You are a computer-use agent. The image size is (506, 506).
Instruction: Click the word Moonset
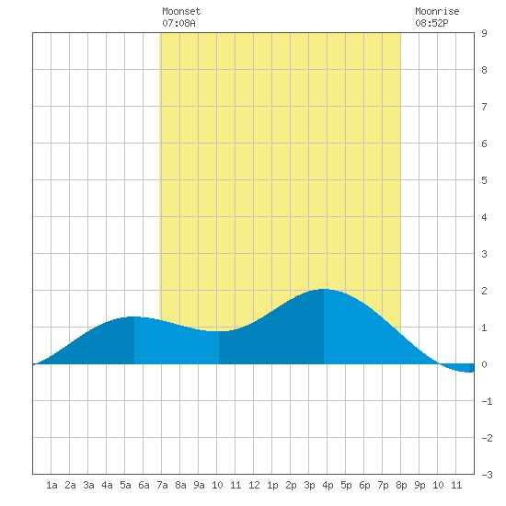[x=181, y=12]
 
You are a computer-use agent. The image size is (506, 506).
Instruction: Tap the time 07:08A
[x=178, y=23]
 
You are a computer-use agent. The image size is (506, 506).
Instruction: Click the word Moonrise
[x=437, y=12]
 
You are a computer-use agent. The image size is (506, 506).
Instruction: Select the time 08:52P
[x=431, y=23]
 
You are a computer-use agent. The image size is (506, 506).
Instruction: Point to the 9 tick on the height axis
[x=484, y=33]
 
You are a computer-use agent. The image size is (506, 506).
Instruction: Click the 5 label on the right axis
[x=484, y=180]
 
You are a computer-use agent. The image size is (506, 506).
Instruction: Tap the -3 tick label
[x=487, y=475]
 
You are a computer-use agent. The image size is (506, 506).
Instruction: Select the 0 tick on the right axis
[x=484, y=364]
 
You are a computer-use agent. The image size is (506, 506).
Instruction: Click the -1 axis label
[x=487, y=401]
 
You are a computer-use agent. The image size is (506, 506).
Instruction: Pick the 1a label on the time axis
[x=52, y=485]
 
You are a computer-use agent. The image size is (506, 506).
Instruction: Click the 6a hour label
[x=144, y=485]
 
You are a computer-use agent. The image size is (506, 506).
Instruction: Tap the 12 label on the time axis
[x=254, y=485]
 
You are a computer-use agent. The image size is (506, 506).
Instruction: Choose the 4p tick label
[x=328, y=485]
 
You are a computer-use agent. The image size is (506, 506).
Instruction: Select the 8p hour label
[x=401, y=485]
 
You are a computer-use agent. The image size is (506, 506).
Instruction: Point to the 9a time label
[x=199, y=485]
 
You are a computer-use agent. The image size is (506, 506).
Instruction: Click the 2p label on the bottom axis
[x=291, y=485]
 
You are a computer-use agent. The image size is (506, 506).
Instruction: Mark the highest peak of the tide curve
[x=324, y=289]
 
